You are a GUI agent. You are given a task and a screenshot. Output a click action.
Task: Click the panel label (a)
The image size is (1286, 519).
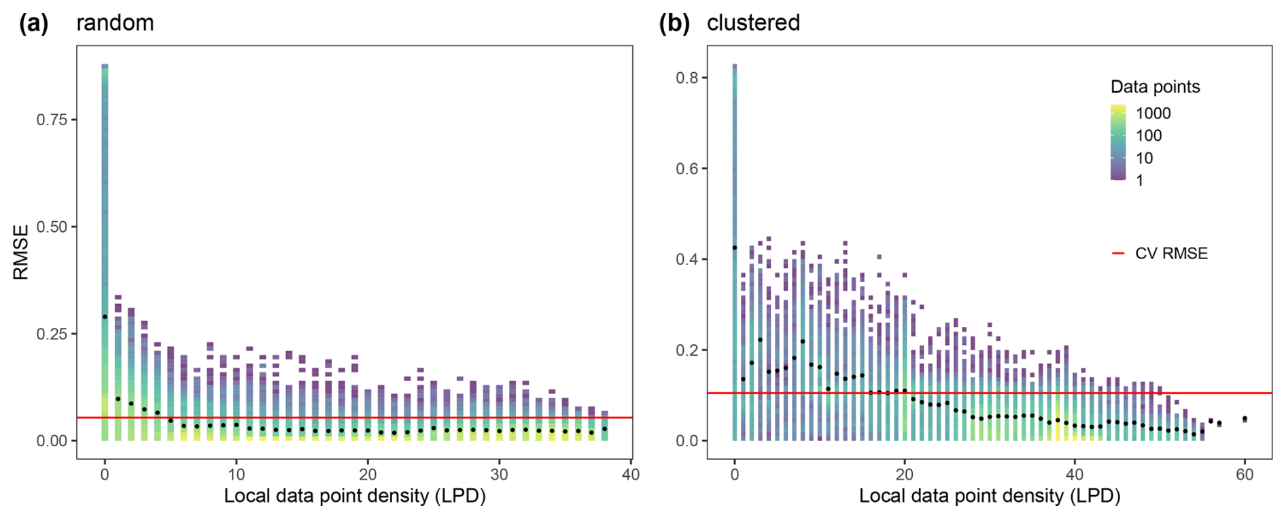(33, 23)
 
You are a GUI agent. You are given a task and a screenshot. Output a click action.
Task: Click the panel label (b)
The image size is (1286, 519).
(674, 23)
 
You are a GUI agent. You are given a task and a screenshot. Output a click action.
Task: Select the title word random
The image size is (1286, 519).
(115, 23)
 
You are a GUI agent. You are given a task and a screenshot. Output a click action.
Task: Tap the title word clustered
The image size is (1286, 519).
(753, 23)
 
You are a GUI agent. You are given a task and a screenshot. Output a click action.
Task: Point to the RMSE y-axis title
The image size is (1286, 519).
(20, 252)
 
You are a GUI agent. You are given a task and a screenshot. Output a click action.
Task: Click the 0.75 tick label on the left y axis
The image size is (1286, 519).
(52, 120)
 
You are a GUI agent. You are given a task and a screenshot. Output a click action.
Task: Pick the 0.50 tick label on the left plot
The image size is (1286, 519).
(52, 227)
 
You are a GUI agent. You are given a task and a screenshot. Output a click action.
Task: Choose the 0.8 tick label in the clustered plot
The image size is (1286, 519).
(687, 78)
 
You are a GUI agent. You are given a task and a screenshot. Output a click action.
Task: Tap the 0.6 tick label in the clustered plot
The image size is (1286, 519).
(687, 169)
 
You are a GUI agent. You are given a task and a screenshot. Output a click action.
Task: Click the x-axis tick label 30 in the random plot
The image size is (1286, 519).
(499, 475)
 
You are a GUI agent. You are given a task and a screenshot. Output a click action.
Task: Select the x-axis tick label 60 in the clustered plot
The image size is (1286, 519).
(1245, 475)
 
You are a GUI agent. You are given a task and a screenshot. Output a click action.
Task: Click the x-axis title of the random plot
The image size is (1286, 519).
(355, 496)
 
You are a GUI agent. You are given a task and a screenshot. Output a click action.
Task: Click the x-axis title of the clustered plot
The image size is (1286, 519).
(990, 496)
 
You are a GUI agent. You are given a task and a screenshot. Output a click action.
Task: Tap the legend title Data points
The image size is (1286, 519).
(1155, 87)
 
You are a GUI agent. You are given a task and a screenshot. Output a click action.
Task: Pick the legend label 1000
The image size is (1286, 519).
(1153, 113)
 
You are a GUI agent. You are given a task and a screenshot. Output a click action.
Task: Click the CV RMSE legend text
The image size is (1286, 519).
(1171, 254)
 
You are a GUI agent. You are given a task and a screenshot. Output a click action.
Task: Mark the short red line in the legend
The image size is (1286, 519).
(1118, 254)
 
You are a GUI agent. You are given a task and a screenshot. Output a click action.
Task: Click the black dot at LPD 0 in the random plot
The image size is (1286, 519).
(105, 317)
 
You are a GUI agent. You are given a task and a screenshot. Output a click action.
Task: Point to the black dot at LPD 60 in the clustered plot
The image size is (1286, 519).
(1245, 418)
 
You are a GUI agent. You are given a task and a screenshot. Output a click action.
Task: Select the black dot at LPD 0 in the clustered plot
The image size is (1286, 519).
(735, 248)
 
